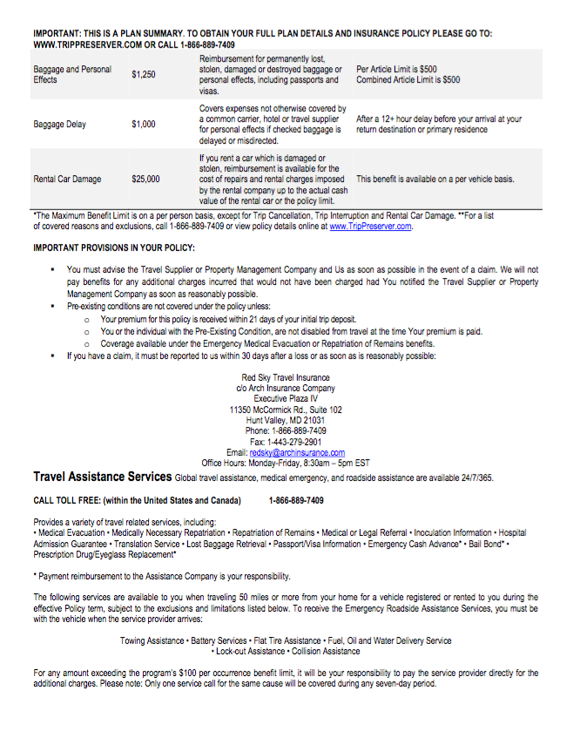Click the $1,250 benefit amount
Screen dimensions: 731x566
[x=144, y=75]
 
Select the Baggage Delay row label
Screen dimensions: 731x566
[x=60, y=125]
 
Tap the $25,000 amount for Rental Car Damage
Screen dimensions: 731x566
[x=145, y=179]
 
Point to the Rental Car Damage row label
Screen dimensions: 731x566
[x=67, y=179]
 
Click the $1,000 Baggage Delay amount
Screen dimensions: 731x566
[x=144, y=125]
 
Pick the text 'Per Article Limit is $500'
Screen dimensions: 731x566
[x=397, y=70]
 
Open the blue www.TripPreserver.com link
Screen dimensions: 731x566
[x=370, y=227]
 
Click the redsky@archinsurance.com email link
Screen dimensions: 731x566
[x=297, y=453]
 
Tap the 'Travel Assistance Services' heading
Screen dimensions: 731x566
[x=102, y=477]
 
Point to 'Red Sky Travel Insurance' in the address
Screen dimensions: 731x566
[x=286, y=378]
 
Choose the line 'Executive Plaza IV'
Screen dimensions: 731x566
[x=286, y=399]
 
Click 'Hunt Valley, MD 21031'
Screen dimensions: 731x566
[x=286, y=420]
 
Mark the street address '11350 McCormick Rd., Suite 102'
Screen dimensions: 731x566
[x=286, y=409]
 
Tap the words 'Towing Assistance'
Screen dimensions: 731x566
[x=152, y=640]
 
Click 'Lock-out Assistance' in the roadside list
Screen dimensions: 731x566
[x=252, y=651]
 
